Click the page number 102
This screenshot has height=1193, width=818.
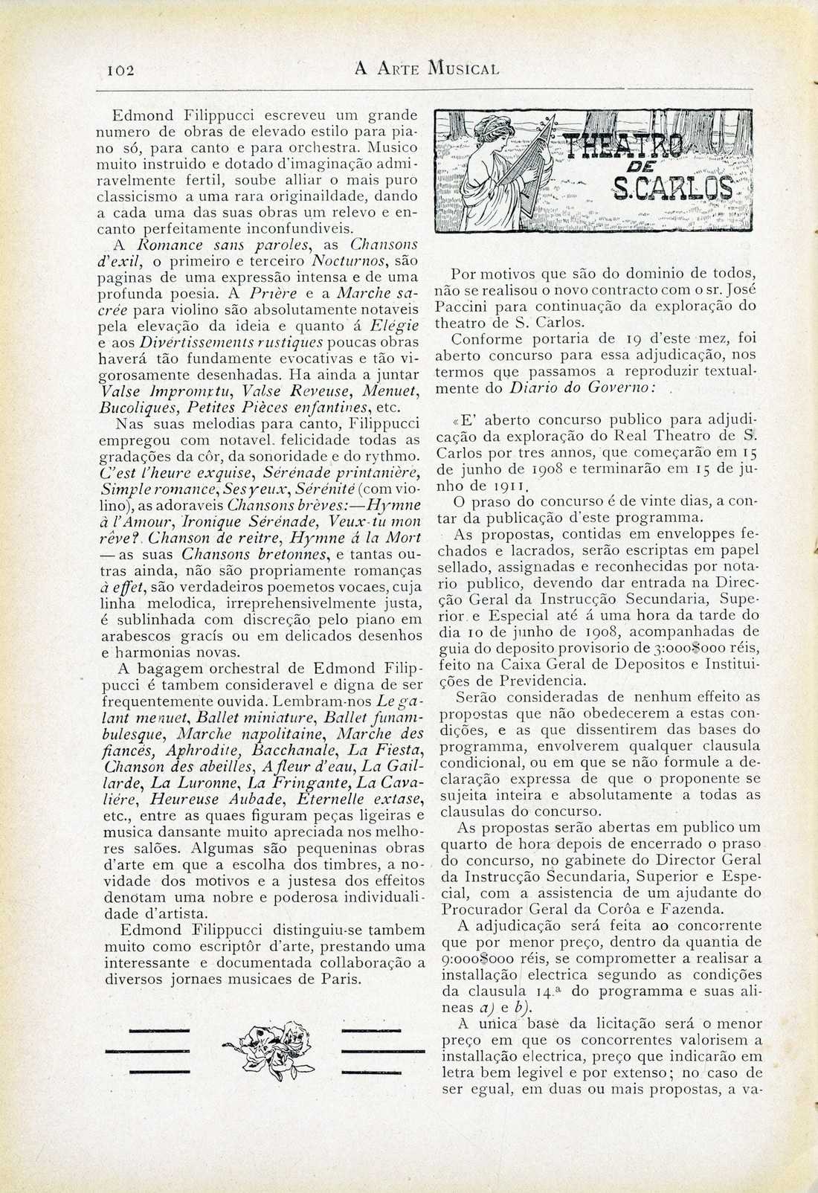(x=119, y=70)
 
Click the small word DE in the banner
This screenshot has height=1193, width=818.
(x=642, y=167)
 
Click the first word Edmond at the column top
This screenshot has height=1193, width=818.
(x=142, y=115)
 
